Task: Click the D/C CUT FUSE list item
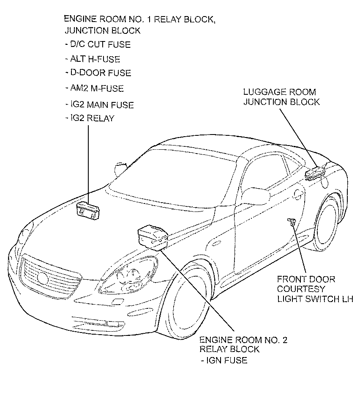pos(98,44)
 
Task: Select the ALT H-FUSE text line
pos(93,59)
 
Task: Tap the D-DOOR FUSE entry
pos(98,73)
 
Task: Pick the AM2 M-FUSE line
pos(94,88)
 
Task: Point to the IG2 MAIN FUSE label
pos(99,105)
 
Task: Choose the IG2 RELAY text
pos(90,118)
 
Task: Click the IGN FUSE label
pos(224,360)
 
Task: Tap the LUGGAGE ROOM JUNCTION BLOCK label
pos(282,97)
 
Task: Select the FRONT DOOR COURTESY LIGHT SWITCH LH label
pos(315,289)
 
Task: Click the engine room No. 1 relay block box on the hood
pos(88,211)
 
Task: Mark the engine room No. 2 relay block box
pos(153,238)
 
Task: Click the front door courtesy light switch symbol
pos(292,222)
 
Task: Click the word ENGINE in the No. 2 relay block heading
pos(216,340)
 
